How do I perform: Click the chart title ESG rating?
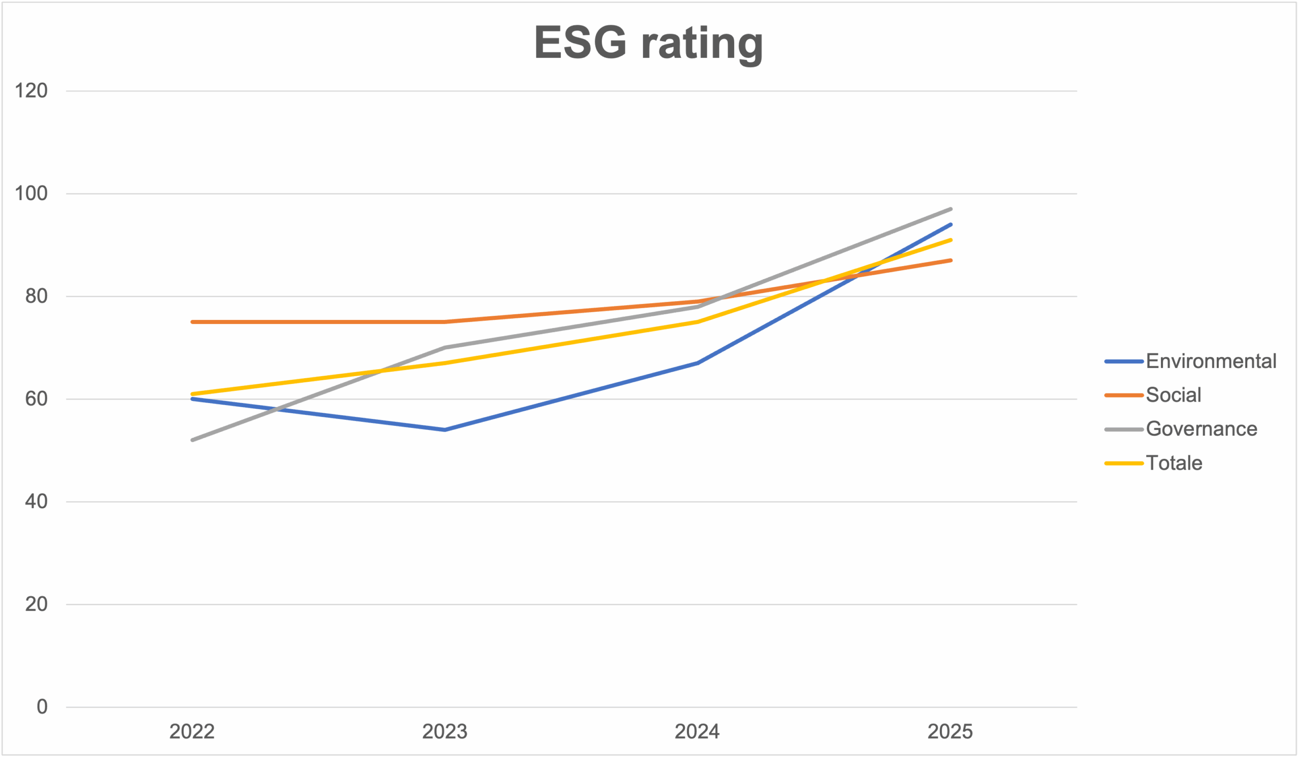[648, 44]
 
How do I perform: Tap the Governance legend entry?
[1180, 429]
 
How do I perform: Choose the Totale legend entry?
[1153, 463]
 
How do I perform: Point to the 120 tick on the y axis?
[31, 91]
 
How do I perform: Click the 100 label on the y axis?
[31, 193]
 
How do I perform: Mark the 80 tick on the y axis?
[36, 296]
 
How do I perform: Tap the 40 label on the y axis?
[36, 501]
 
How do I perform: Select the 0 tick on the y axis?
[42, 706]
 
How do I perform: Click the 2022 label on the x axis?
[192, 732]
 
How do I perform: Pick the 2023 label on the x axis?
[445, 732]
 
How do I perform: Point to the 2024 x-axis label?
[697, 732]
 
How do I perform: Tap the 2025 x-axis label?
[950, 732]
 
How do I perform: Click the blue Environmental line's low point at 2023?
[445, 430]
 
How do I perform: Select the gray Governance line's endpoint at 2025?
[950, 209]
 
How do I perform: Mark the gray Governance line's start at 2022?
[192, 440]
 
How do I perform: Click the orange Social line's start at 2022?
[192, 322]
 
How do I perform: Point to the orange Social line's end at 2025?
[950, 260]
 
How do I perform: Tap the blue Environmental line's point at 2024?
[697, 363]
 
